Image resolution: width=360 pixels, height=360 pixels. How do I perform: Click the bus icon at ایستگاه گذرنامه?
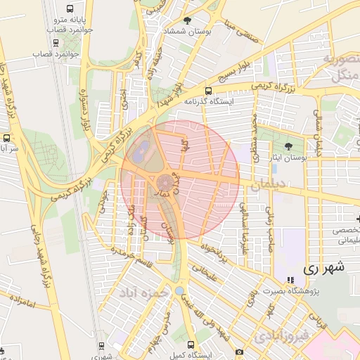pyautogui.click(x=207, y=91)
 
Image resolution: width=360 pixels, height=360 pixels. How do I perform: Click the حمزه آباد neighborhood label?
pyautogui.click(x=144, y=291)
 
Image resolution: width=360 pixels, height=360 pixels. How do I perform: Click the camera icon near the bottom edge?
pyautogui.click(x=239, y=352)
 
